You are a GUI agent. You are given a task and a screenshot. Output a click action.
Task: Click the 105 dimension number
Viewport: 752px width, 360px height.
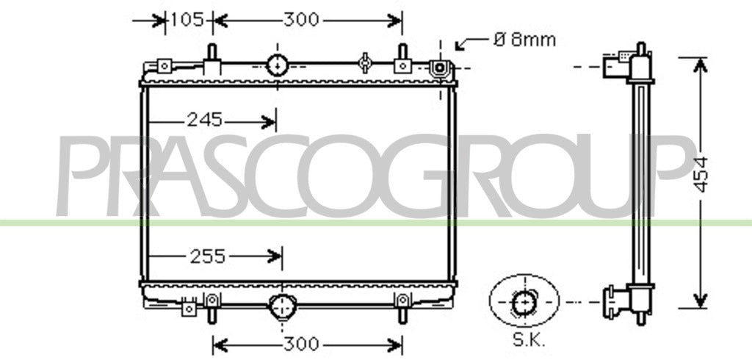coord(187,20)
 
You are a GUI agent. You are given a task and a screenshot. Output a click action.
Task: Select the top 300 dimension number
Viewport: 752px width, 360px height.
coord(301,20)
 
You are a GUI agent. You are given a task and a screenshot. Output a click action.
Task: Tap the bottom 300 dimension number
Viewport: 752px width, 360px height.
coord(301,344)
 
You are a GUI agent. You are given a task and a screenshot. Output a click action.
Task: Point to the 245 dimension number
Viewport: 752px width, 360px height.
coord(204,120)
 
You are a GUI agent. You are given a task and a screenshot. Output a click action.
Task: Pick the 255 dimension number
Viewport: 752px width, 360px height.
coord(208,256)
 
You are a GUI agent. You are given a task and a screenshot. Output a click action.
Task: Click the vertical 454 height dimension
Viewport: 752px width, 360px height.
coord(701,175)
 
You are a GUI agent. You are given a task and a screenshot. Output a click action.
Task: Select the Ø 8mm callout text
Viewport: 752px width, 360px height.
coord(524,40)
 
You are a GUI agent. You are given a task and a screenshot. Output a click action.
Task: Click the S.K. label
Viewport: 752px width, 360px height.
coord(529,342)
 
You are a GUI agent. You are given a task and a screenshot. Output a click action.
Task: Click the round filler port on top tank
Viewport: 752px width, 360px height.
coord(277,66)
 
